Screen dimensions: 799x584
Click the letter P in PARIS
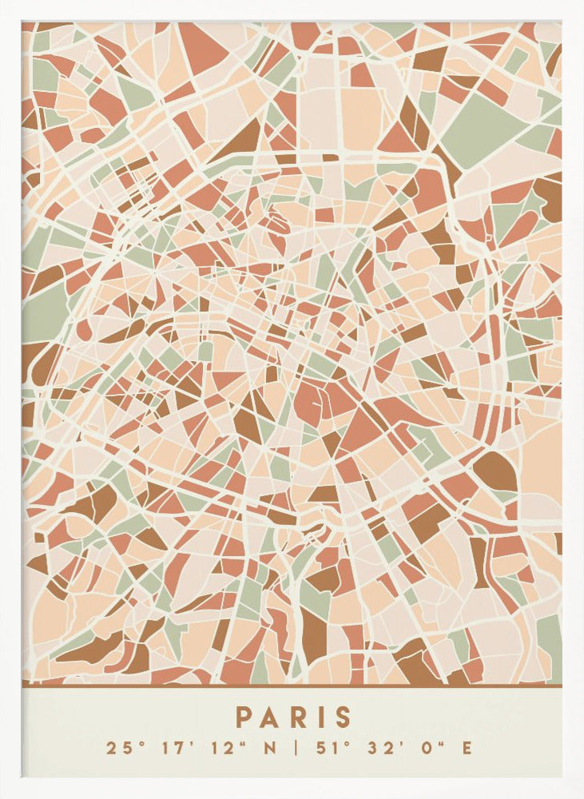click(x=243, y=717)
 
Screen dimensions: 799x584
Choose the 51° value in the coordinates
click(x=327, y=749)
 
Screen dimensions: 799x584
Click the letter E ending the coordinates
click(x=467, y=749)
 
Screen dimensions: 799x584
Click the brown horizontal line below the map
click(x=292, y=685)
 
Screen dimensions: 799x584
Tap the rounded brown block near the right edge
click(x=496, y=471)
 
